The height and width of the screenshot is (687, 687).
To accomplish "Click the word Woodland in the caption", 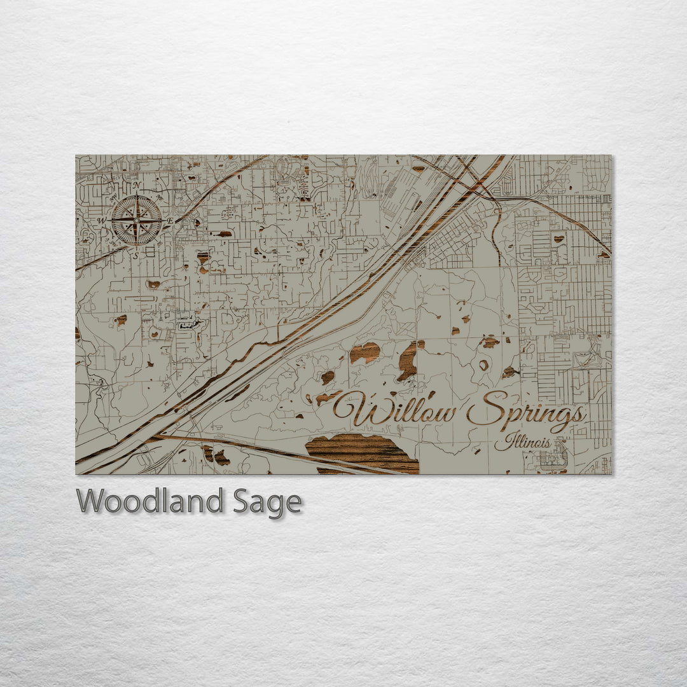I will coord(149,501).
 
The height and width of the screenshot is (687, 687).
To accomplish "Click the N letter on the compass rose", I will coord(135,185).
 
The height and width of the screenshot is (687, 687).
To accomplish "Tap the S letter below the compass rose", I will coord(135,256).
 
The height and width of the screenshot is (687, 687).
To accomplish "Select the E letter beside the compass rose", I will coord(171,220).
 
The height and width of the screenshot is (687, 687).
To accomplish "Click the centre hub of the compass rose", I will coord(136,221).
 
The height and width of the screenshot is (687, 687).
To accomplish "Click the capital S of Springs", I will coord(487,407).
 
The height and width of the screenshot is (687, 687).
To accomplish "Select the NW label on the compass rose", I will coord(113,197).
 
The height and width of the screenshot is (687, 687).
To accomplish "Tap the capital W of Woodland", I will coord(92,501).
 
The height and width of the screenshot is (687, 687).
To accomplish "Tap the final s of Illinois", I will coord(547,442).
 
